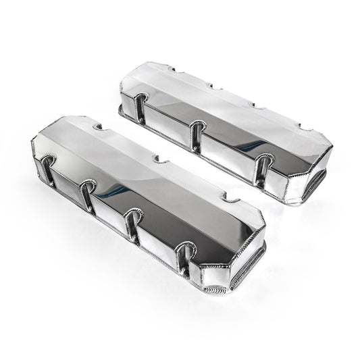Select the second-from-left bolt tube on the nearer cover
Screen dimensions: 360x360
[x=88, y=197]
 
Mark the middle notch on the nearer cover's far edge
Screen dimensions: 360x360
[x=159, y=161]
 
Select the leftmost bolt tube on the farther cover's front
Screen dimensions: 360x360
[x=138, y=107]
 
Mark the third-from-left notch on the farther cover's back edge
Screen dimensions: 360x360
[x=256, y=106]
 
